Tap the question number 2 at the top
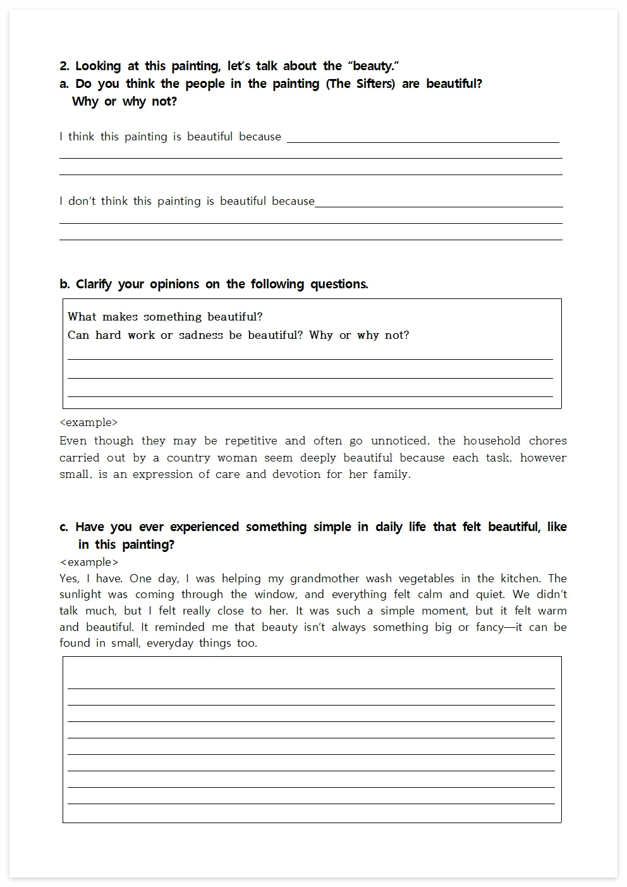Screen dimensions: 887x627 pyautogui.click(x=64, y=66)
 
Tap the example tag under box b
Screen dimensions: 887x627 pyautogui.click(x=88, y=422)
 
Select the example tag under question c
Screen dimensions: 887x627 pyautogui.click(x=89, y=562)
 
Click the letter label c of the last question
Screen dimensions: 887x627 pyautogui.click(x=64, y=527)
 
